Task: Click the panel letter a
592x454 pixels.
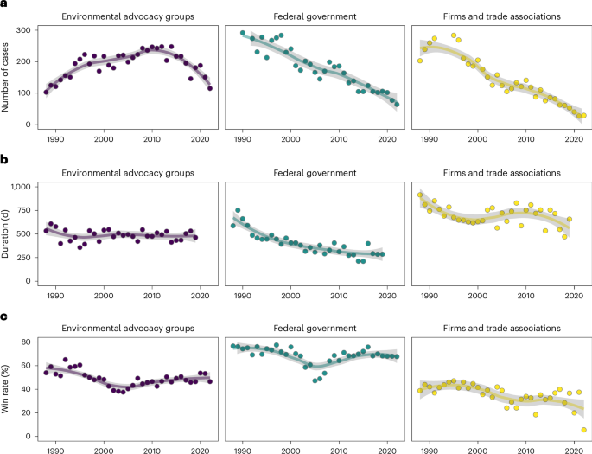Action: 4,5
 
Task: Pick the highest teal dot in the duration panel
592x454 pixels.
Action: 238,210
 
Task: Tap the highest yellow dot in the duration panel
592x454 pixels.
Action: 420,195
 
